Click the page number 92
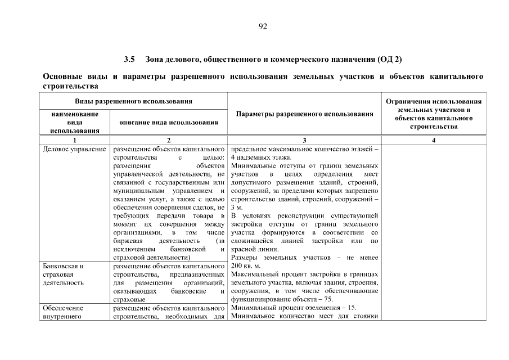263,26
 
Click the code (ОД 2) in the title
389,59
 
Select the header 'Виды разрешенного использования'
134,101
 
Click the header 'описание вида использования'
169,122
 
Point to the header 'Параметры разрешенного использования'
304,114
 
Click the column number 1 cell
75,140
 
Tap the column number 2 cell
169,140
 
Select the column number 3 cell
304,140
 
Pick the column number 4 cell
434,140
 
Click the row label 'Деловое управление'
75,149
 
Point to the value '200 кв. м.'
246,266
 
